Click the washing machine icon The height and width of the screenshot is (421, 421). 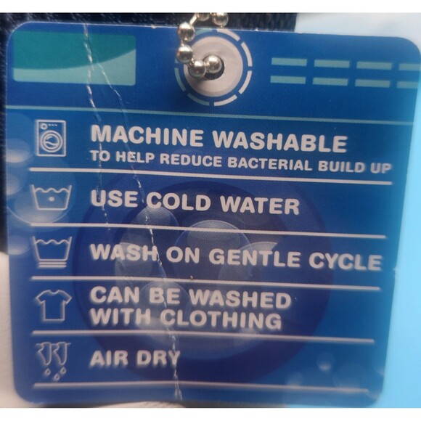point(52,138)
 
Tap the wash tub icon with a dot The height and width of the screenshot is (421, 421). point(52,198)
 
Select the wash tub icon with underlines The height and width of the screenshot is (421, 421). point(52,253)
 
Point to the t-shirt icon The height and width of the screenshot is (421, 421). point(54,306)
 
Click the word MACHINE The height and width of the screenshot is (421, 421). point(147,136)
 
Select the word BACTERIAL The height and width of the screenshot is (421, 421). point(270,163)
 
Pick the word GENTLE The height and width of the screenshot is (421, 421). point(254,258)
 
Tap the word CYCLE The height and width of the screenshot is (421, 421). point(345,261)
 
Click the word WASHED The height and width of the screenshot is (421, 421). point(240,298)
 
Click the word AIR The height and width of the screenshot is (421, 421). point(109,359)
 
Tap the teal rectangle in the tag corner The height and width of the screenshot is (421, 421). point(73,57)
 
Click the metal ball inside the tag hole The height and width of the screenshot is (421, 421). point(213,65)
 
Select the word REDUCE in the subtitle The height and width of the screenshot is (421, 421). point(191,160)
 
